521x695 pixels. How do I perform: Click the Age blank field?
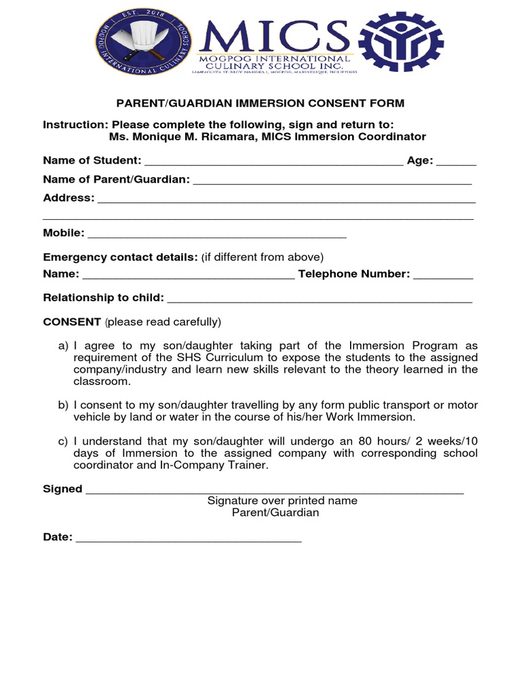tap(456, 163)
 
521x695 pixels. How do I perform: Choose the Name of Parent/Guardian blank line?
tap(332, 181)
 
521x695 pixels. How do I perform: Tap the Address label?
tap(69, 198)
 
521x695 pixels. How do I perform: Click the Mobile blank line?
tap(217, 236)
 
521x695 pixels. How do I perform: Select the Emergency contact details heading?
tap(120, 257)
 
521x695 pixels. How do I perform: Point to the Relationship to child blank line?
tap(319, 299)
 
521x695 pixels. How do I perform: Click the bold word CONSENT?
tap(72, 321)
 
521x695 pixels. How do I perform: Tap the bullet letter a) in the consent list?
tap(63, 346)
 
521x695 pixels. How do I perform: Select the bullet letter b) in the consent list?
tap(63, 405)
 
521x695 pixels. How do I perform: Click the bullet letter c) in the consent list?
tap(63, 442)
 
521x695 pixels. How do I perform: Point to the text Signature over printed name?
tap(282, 501)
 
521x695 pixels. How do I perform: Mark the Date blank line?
tap(189, 540)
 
